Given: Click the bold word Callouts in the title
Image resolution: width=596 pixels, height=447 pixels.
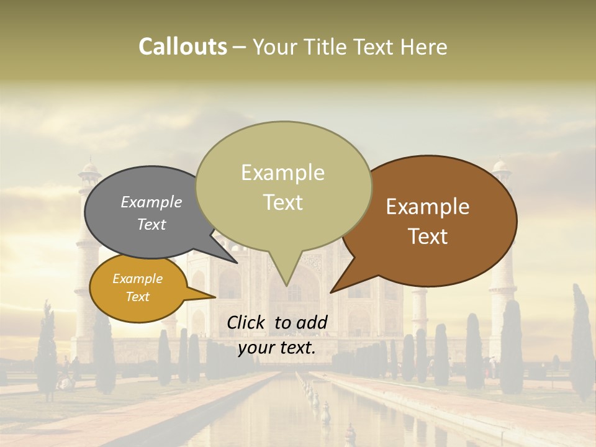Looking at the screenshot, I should [x=183, y=47].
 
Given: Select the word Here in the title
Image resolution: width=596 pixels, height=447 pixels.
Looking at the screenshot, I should [x=424, y=47].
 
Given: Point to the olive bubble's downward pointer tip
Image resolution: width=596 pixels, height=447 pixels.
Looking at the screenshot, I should [x=286, y=285].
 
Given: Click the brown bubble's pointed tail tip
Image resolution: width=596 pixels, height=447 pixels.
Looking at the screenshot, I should [x=332, y=292].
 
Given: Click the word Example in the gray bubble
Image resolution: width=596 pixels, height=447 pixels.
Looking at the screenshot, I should [x=151, y=202].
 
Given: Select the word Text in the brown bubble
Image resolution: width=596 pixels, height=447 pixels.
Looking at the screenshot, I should [x=428, y=237].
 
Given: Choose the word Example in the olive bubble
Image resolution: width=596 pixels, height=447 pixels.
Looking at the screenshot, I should [x=282, y=173].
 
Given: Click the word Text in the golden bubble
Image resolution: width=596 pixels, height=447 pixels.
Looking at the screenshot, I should [x=137, y=297].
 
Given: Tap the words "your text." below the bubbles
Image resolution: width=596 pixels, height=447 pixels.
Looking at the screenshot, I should [x=277, y=348].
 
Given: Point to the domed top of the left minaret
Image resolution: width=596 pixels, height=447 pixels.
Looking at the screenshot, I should [x=91, y=166].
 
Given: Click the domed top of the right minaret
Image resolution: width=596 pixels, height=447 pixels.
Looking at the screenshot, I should [x=500, y=165].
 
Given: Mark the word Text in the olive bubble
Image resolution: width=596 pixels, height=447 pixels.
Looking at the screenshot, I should [x=283, y=202].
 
